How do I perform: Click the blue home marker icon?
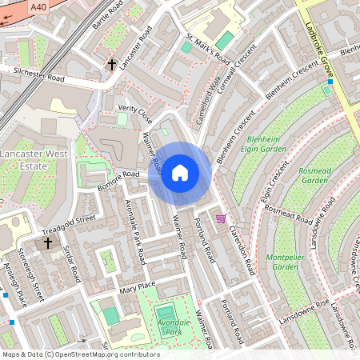pos(180,173)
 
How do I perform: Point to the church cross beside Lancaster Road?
pos(113,63)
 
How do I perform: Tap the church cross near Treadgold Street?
pos(47,242)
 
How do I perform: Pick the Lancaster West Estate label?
pos(23,158)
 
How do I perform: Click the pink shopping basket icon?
pos(220,218)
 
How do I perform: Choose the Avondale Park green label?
pos(165,326)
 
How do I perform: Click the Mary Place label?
pos(135,286)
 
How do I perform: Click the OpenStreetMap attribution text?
pos(80,354)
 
